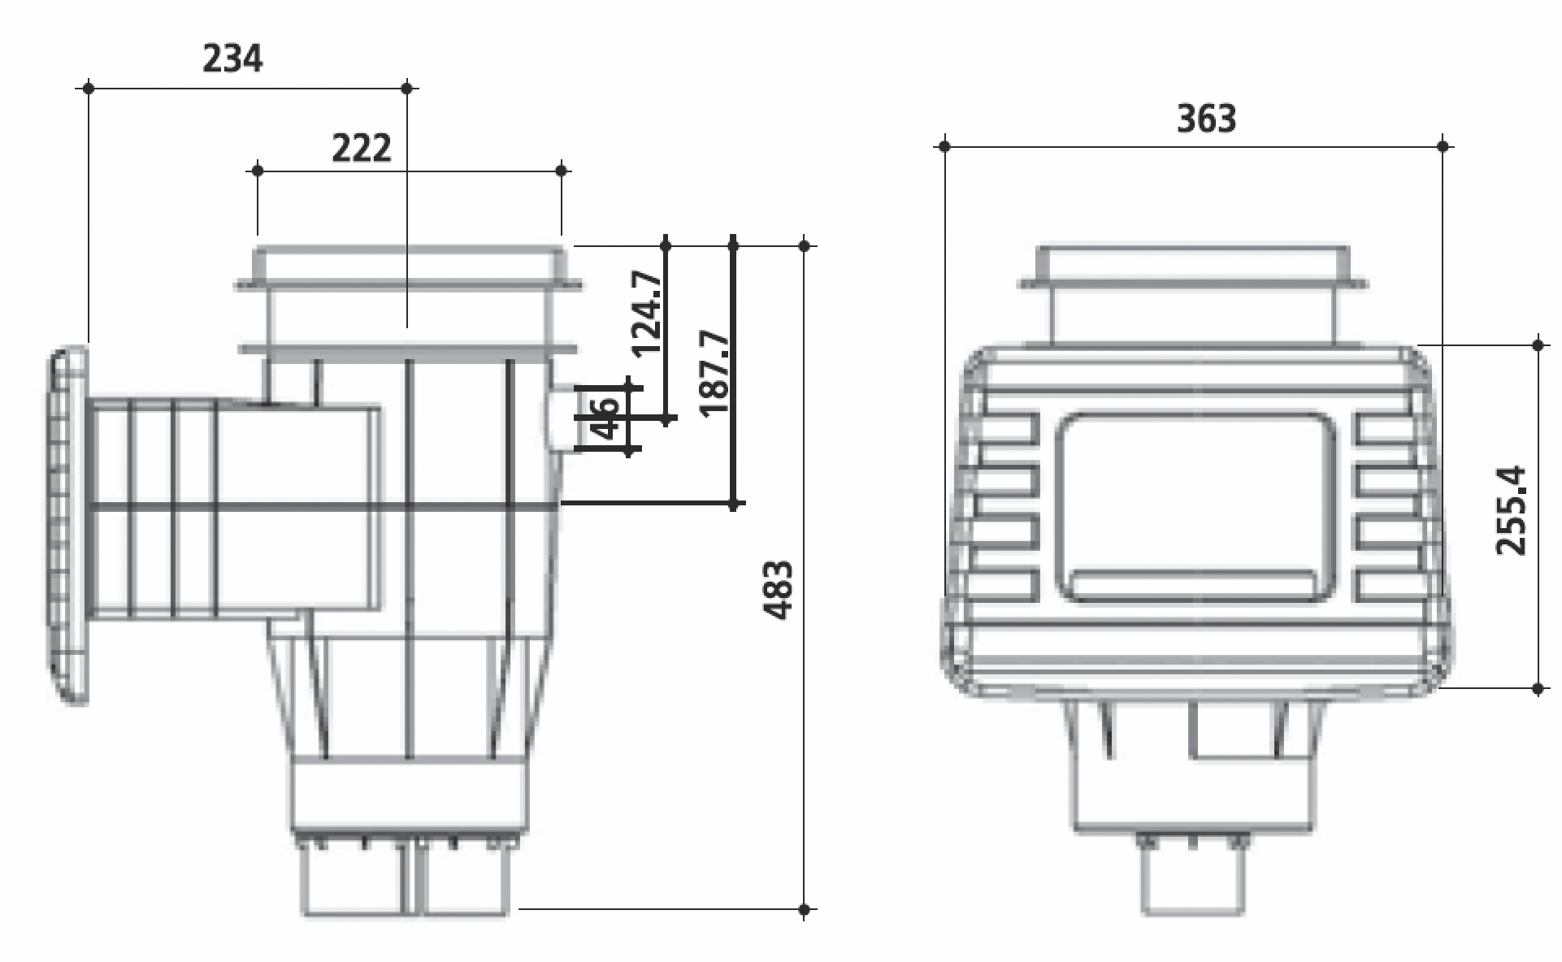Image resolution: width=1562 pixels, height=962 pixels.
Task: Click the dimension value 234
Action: pos(232,58)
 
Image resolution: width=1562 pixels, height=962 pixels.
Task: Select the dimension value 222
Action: pos(362,148)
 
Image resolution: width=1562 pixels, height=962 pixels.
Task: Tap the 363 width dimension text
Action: pos(1207,119)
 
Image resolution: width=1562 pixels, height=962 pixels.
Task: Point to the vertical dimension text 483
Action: pos(779,590)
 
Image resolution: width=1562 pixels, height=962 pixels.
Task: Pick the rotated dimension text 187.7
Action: pos(715,372)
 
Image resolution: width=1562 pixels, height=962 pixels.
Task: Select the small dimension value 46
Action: pos(607,417)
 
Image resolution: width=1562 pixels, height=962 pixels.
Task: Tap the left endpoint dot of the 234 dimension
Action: pos(89,87)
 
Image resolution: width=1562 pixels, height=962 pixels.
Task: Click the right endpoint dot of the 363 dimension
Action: pos(1443,146)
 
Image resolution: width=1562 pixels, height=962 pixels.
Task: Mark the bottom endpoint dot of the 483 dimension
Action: pos(805,909)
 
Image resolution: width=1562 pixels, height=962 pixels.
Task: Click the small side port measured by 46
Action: pos(562,417)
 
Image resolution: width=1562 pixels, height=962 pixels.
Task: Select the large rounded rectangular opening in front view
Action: pos(1195,508)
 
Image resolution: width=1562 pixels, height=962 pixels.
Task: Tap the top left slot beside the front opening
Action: pos(1008,428)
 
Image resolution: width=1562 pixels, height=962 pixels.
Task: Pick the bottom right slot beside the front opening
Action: pos(1386,585)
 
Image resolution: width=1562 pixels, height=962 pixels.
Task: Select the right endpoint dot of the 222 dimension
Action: pos(562,170)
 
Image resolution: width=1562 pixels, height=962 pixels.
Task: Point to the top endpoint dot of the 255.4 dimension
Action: pos(1538,344)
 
